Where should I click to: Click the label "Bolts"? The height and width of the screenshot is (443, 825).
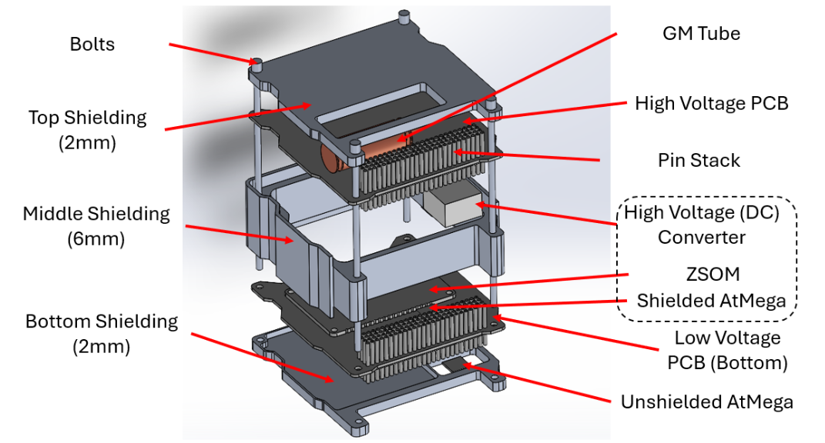point(92,44)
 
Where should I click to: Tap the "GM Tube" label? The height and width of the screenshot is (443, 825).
point(701,33)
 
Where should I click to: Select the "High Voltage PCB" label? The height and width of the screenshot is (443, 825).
point(711,103)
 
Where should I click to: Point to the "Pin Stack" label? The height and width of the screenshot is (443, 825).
point(699,160)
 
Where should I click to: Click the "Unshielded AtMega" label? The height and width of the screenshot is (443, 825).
point(706,401)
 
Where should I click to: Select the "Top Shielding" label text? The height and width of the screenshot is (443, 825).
point(87,118)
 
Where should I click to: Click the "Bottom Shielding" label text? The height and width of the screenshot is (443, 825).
point(101,321)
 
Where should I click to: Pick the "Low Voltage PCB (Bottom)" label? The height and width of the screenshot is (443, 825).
point(727,350)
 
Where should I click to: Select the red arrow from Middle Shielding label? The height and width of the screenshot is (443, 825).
point(240,233)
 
